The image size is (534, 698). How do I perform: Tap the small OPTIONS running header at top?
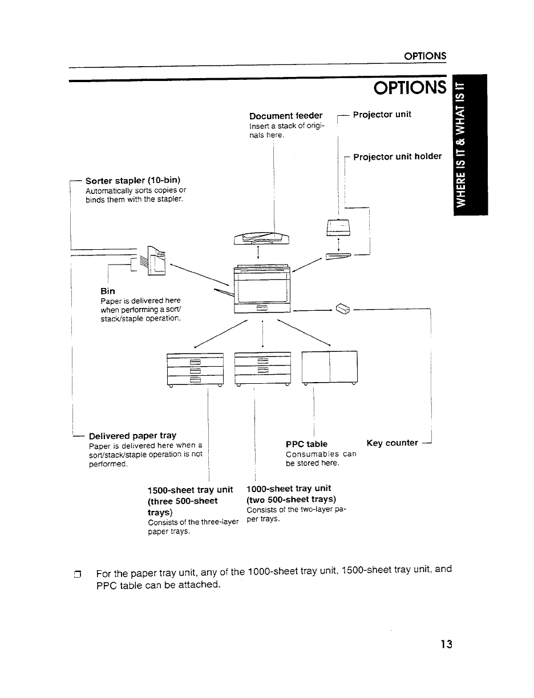click(424, 56)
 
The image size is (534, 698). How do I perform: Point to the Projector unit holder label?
click(397, 157)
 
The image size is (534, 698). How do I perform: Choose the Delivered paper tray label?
click(132, 436)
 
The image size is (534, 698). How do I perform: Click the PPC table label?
click(306, 444)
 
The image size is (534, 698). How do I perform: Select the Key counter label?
click(393, 443)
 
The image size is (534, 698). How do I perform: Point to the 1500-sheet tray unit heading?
click(191, 489)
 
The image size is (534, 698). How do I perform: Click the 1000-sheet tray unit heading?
click(289, 489)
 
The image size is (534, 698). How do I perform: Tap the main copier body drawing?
click(262, 290)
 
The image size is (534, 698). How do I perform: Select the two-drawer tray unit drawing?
click(262, 368)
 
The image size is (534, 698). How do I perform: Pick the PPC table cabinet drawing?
click(330, 367)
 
